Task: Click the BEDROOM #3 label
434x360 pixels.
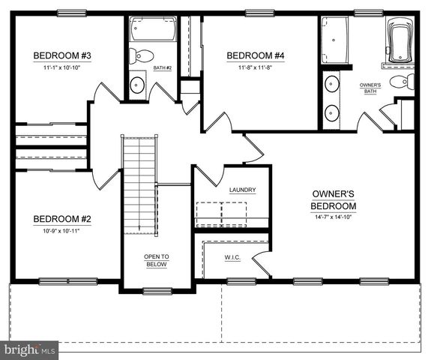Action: [x=62, y=55]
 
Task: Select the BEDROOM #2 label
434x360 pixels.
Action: [x=62, y=219]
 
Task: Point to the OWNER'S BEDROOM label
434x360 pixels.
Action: [x=334, y=199]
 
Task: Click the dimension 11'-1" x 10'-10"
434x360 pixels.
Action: [x=62, y=67]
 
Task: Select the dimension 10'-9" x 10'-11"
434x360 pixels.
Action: [x=62, y=231]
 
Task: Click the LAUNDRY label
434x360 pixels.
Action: [x=242, y=190]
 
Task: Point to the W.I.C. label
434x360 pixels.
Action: [x=232, y=259]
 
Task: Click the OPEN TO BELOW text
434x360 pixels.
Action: [x=157, y=260]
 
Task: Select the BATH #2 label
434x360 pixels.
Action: [x=163, y=68]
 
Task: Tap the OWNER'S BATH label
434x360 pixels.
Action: [x=370, y=88]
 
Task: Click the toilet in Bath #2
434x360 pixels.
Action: [x=142, y=55]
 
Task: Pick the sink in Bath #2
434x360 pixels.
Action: [x=136, y=85]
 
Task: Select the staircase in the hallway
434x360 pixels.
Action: [x=139, y=184]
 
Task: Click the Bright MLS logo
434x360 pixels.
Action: [x=30, y=349]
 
